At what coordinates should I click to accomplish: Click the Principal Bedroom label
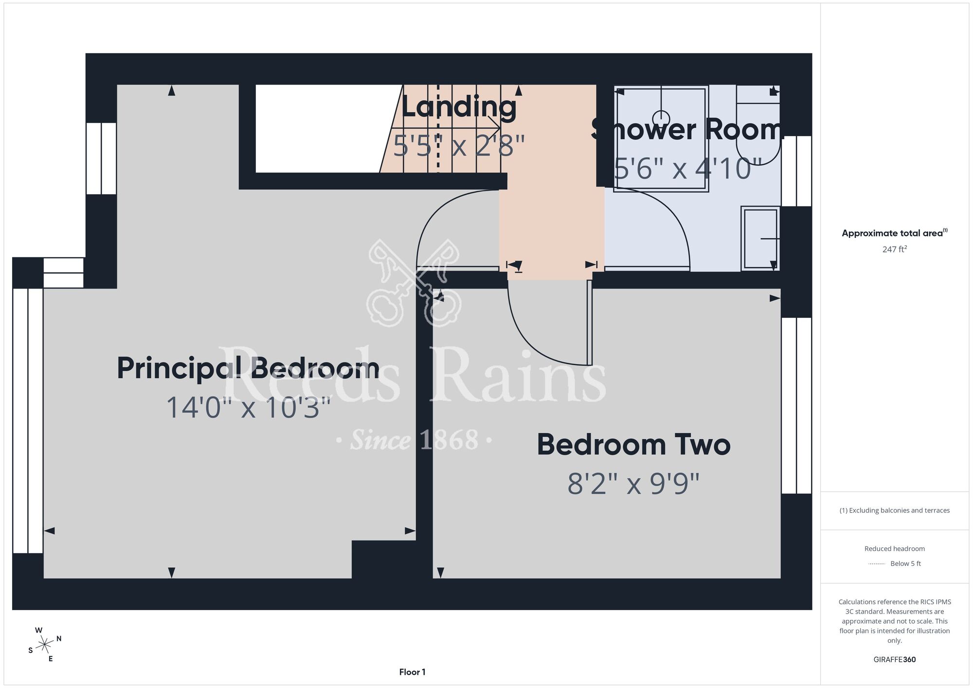click(248, 369)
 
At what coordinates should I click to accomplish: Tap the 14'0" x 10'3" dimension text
click(249, 407)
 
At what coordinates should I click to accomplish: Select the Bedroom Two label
click(633, 445)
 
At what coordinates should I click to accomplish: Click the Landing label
click(459, 108)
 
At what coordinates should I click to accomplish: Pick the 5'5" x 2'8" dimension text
click(459, 145)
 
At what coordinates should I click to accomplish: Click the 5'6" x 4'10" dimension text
click(687, 168)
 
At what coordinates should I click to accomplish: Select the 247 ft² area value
click(894, 249)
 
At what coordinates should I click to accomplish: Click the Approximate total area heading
click(894, 233)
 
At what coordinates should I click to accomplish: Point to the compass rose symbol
click(45, 645)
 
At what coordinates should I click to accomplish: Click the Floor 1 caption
click(412, 672)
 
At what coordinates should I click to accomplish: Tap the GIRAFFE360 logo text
click(894, 660)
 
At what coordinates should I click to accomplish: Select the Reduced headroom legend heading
click(894, 549)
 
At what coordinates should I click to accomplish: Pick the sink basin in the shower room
click(760, 238)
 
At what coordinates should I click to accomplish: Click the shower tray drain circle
click(661, 119)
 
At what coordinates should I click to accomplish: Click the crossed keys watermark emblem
click(414, 282)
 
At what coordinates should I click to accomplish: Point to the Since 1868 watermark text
click(414, 440)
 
